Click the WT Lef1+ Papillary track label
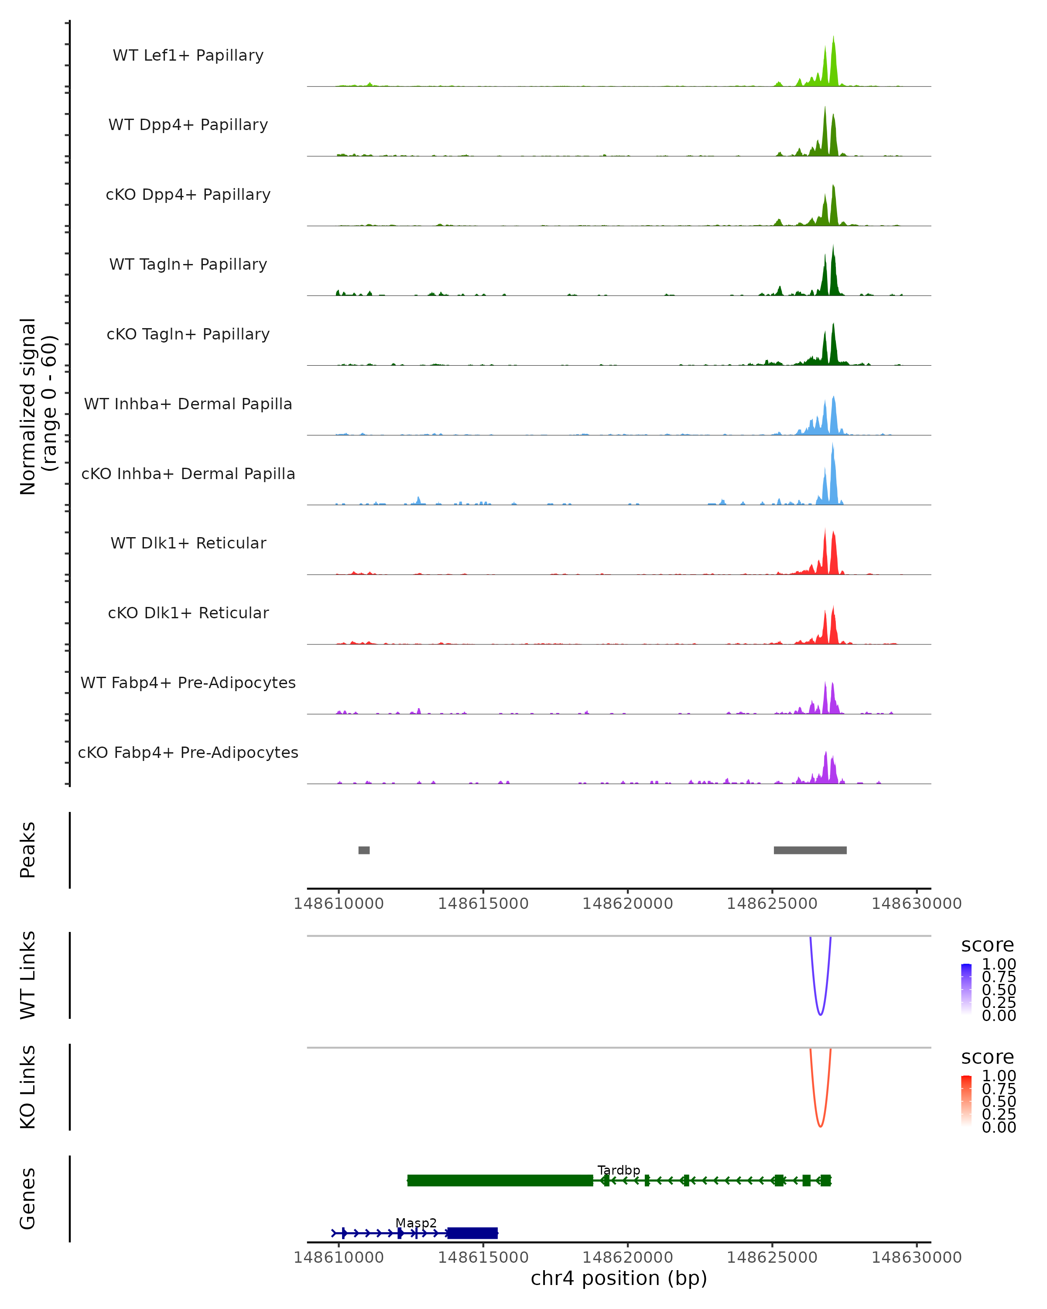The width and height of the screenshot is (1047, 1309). [x=188, y=56]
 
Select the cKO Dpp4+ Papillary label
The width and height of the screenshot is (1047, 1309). [x=188, y=195]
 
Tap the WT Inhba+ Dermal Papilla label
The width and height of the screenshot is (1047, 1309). [x=188, y=404]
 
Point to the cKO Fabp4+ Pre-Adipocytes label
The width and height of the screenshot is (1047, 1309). [x=188, y=753]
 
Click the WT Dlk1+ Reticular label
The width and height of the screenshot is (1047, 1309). [x=188, y=543]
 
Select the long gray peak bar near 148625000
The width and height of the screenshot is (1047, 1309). [x=810, y=850]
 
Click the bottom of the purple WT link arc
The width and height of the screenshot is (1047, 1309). [x=820, y=1014]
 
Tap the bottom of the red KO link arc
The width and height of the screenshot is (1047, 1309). [x=820, y=1126]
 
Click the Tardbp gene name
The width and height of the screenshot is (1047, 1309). [x=619, y=1171]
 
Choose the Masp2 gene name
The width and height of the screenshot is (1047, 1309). [x=416, y=1223]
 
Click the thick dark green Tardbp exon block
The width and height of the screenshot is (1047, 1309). [x=500, y=1180]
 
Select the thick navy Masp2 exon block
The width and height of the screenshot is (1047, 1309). [x=472, y=1233]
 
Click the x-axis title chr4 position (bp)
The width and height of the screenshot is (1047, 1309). [x=619, y=1278]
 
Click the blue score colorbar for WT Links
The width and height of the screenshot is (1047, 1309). [x=966, y=989]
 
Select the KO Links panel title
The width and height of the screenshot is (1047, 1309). [x=28, y=1087]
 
